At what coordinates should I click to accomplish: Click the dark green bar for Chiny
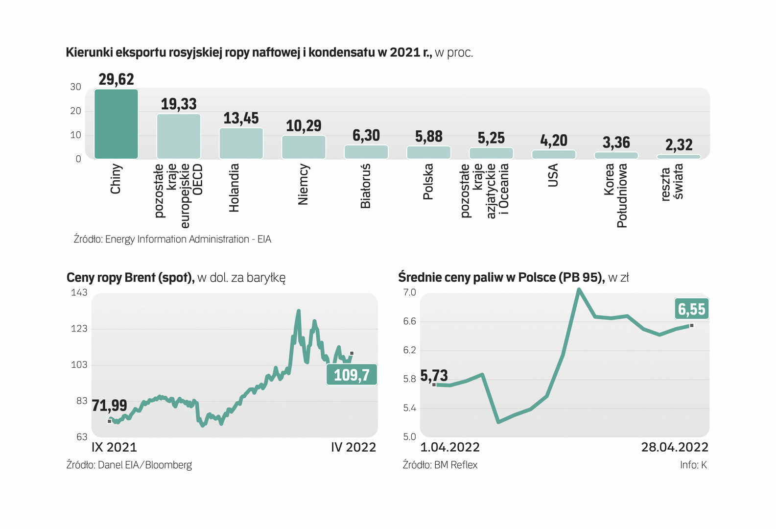pyautogui.click(x=116, y=124)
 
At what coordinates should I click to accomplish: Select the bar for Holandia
pyautogui.click(x=241, y=144)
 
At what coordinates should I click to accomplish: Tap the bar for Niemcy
pyautogui.click(x=304, y=147)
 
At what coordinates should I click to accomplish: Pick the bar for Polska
pyautogui.click(x=428, y=152)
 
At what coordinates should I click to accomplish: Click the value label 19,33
pyautogui.click(x=179, y=104)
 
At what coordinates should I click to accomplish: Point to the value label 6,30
pyautogui.click(x=366, y=135)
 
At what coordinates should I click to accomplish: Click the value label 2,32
pyautogui.click(x=679, y=144)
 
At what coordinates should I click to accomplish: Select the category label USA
pyautogui.click(x=553, y=175)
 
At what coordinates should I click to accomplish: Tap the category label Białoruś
pyautogui.click(x=366, y=186)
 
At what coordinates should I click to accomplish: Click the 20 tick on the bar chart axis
pyautogui.click(x=75, y=111)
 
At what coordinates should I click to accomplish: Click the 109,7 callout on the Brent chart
pyautogui.click(x=352, y=375)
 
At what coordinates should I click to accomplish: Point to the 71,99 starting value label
pyautogui.click(x=109, y=405)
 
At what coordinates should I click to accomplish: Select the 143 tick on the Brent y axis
pyautogui.click(x=79, y=292)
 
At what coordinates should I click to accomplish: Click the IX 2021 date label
pyautogui.click(x=114, y=447)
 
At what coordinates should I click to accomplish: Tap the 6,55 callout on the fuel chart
pyautogui.click(x=691, y=309)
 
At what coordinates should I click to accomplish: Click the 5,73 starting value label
pyautogui.click(x=434, y=376)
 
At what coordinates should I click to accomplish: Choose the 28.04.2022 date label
pyautogui.click(x=675, y=447)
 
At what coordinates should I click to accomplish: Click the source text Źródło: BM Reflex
pyautogui.click(x=440, y=465)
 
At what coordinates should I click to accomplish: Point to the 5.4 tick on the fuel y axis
pyautogui.click(x=409, y=408)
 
